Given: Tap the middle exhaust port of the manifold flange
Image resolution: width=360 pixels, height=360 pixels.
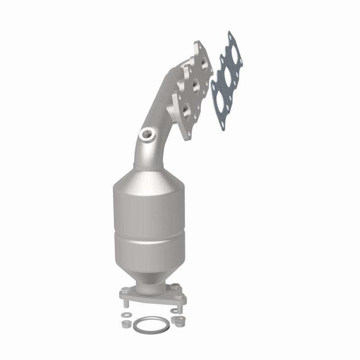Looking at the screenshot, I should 195,85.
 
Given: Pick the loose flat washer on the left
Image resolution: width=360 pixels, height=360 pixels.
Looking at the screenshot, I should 126,314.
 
